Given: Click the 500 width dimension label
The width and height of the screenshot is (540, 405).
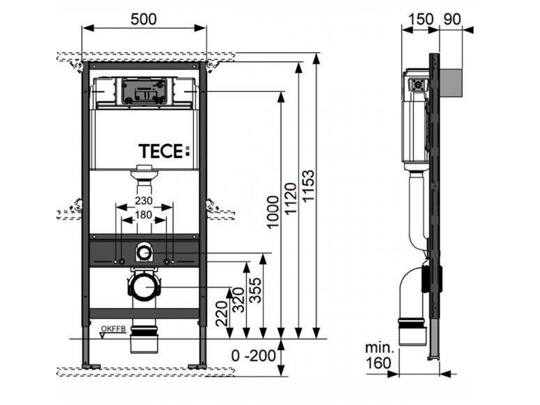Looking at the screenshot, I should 144,19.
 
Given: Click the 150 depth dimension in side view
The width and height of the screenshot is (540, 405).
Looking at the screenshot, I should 421,19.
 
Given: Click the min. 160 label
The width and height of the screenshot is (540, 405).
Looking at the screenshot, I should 378,355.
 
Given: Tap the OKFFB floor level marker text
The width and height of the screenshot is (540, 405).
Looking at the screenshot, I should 110,329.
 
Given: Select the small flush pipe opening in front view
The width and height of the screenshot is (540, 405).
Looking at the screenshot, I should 144,253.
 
